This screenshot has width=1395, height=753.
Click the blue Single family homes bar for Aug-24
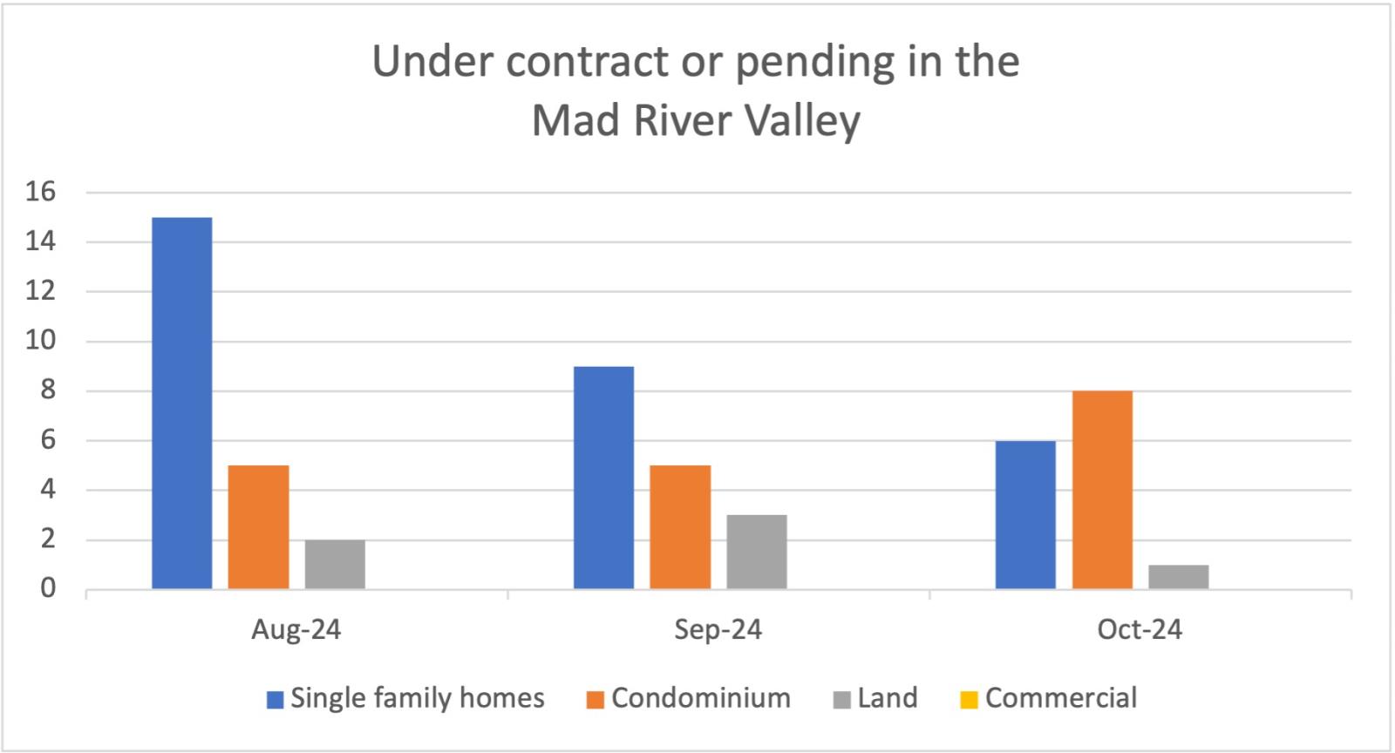pyautogui.click(x=181, y=403)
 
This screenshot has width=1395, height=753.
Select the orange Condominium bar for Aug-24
pyautogui.click(x=258, y=527)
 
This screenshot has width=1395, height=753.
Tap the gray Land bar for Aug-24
pyautogui.click(x=335, y=564)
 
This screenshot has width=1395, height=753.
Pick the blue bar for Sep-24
pyautogui.click(x=603, y=478)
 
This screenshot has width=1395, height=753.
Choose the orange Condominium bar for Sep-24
pyautogui.click(x=680, y=527)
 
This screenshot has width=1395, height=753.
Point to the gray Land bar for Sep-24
pyautogui.click(x=757, y=552)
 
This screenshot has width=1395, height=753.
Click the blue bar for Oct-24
pyautogui.click(x=1025, y=514)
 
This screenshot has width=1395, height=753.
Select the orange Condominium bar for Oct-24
pyautogui.click(x=1102, y=490)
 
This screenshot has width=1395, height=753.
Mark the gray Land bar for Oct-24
pyautogui.click(x=1178, y=577)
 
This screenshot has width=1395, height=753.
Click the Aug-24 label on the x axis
pyautogui.click(x=296, y=629)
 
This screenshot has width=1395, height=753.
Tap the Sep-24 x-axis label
pyautogui.click(x=718, y=629)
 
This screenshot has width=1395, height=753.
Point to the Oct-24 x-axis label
pyautogui.click(x=1140, y=629)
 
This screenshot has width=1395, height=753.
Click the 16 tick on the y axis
pyautogui.click(x=41, y=192)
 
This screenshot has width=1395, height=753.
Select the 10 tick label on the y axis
pyautogui.click(x=41, y=341)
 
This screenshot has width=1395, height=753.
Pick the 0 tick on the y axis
pyautogui.click(x=48, y=588)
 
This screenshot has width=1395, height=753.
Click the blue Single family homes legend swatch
pyautogui.click(x=276, y=700)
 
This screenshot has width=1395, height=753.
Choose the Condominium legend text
pyautogui.click(x=701, y=698)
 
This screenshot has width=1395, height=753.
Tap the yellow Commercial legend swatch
pyautogui.click(x=969, y=700)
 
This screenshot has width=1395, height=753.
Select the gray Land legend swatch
pyautogui.click(x=841, y=700)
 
